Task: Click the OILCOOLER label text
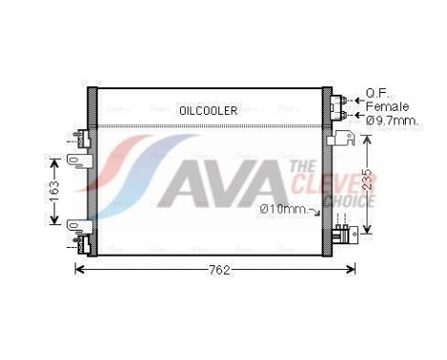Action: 208,110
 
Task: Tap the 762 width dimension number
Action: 219,271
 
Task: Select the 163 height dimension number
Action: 56,190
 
